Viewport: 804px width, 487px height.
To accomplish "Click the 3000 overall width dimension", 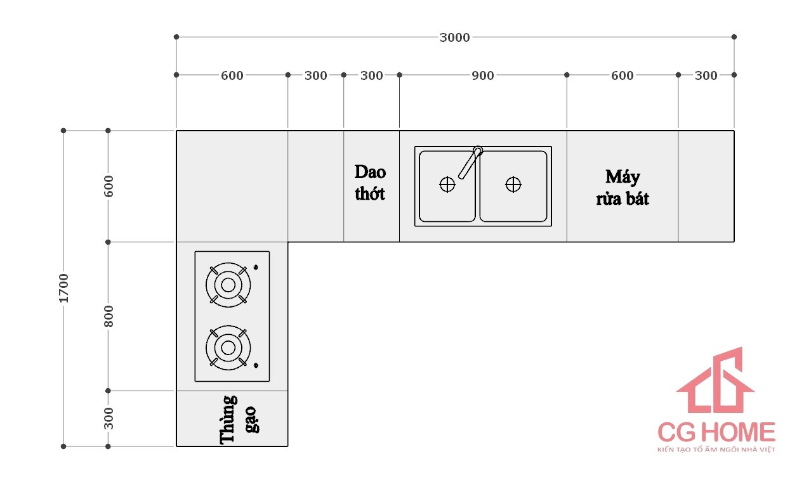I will pos(455,38).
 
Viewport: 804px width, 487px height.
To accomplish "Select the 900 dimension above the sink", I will pos(482,76).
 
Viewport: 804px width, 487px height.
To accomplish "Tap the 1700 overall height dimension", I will pos(64,288).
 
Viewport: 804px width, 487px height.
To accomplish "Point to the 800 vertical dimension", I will pos(109,316).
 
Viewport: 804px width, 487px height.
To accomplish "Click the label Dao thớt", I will pos(370,183).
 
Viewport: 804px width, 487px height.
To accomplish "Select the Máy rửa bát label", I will pos(622,187).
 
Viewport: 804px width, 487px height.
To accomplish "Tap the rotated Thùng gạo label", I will pos(237,419).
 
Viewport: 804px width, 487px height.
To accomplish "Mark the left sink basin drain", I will pos(447,185).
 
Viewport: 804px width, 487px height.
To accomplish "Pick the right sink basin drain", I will pos(513,185).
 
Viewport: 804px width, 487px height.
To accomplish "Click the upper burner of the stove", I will pos(228,285).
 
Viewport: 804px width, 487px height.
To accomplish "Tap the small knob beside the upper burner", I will pos(256,267).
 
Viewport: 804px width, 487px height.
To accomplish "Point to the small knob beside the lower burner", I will pos(256,365).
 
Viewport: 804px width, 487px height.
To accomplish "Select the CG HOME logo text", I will pos(716,432).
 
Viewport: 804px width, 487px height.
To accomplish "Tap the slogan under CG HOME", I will pos(716,450).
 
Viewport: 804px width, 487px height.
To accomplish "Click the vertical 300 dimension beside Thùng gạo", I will pos(109,419).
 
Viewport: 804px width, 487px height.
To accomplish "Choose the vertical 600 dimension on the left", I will pos(109,186).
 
